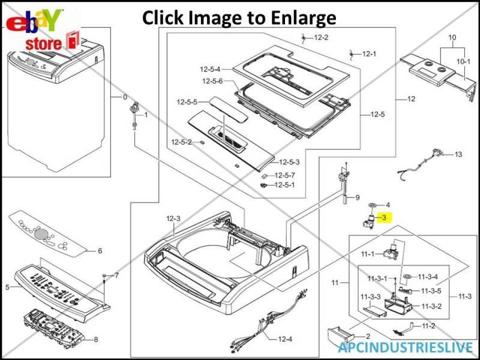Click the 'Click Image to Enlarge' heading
(x=239, y=17)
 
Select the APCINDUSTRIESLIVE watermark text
(x=405, y=347)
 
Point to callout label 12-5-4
(x=212, y=70)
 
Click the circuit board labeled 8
(x=57, y=325)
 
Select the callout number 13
(x=458, y=155)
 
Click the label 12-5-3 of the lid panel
(x=289, y=162)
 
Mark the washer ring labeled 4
(x=374, y=205)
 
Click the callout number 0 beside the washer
(x=125, y=97)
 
